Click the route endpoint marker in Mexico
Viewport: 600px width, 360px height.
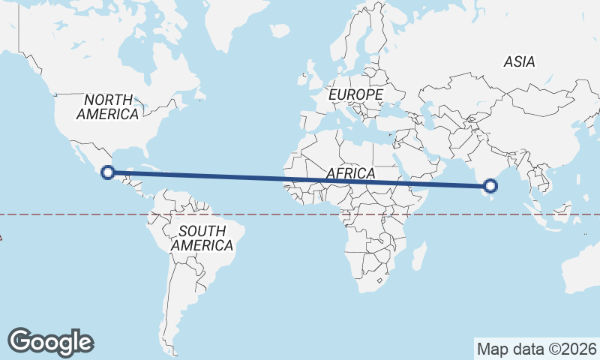point(108,172)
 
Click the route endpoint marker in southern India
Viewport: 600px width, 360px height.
point(491,186)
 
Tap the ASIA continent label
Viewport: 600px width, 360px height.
point(520,62)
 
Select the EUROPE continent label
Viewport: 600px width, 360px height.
point(356,95)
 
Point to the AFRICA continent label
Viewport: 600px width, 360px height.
point(350,173)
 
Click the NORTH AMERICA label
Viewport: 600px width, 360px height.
point(109,106)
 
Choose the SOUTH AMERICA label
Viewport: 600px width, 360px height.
point(201,238)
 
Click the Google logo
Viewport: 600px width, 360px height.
point(50,342)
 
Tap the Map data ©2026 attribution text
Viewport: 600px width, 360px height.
point(536,349)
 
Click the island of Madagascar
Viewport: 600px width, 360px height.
point(418,255)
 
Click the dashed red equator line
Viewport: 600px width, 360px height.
point(300,215)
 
